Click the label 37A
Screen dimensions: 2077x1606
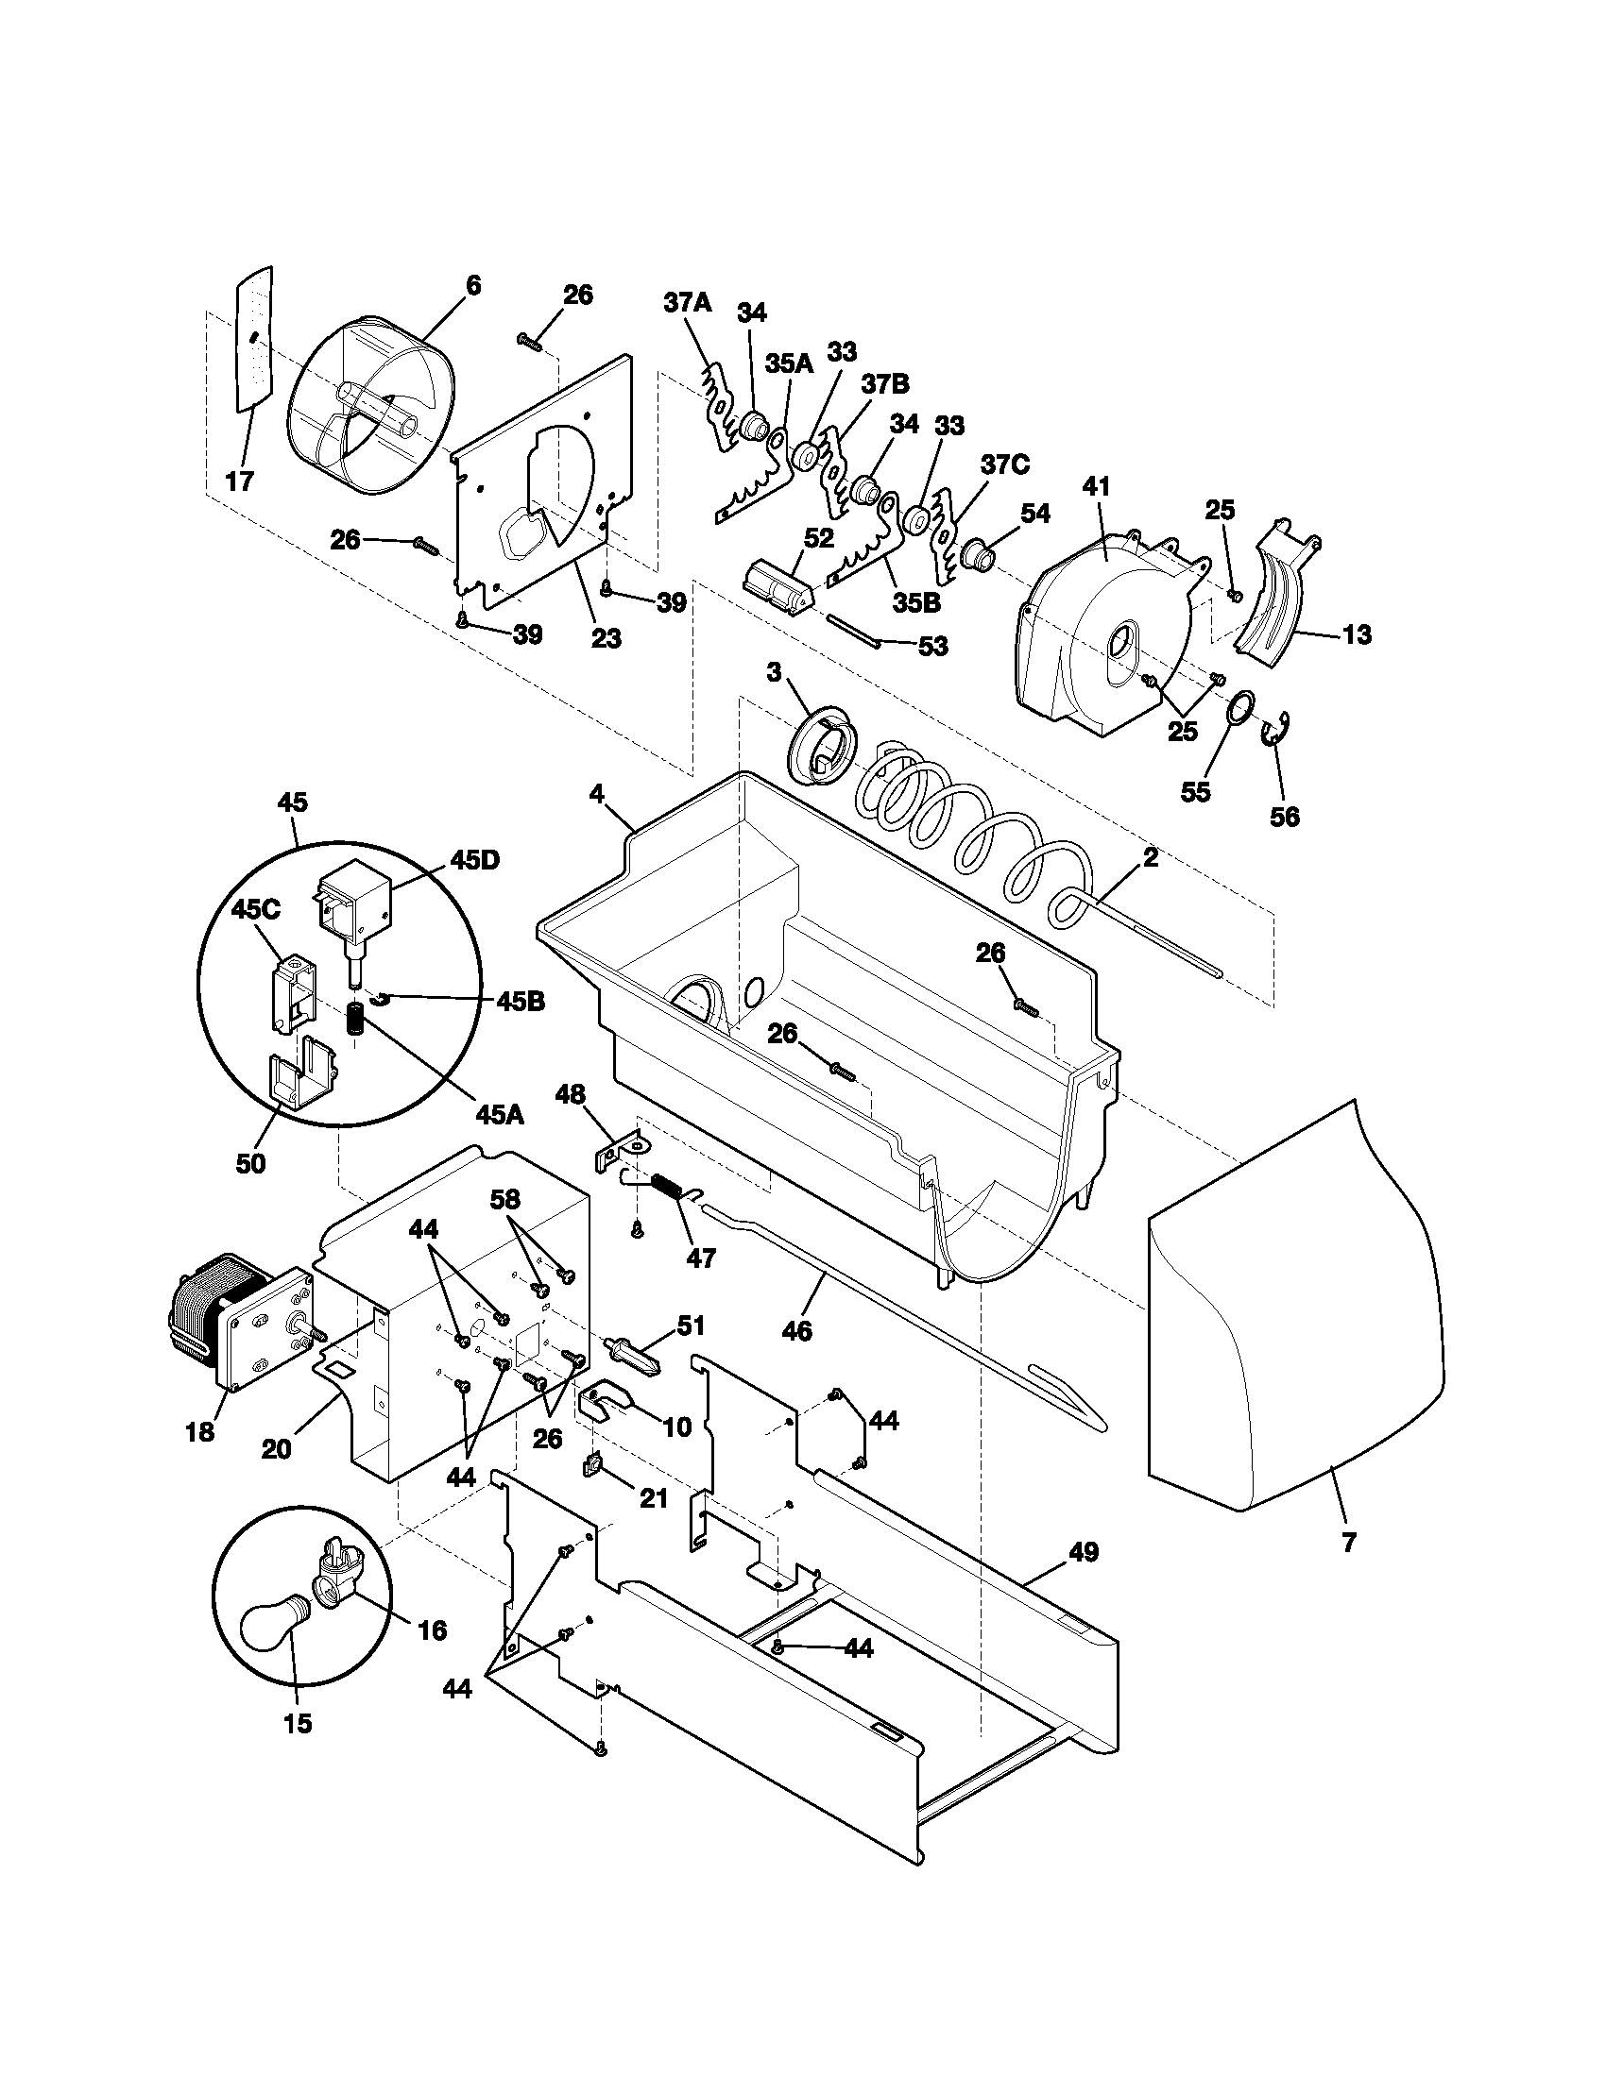(x=688, y=303)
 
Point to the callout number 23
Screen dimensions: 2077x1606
(x=607, y=638)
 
